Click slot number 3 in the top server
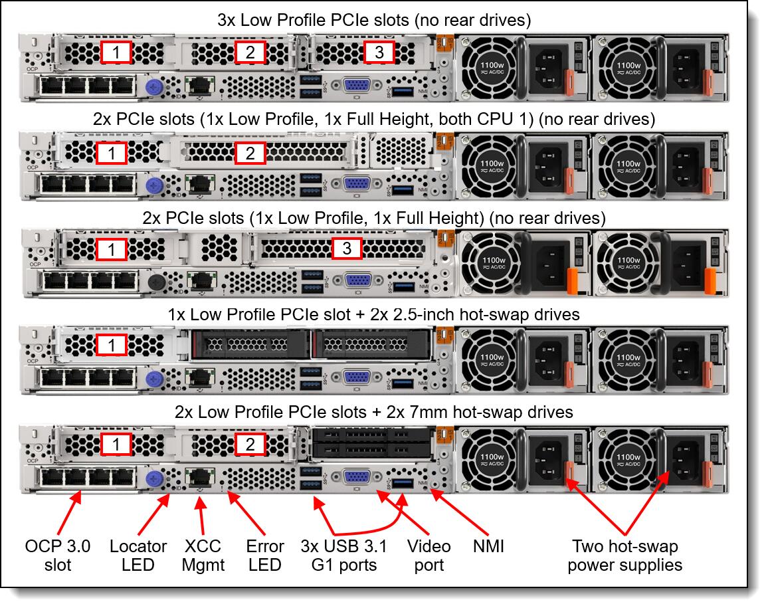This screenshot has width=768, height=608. click(379, 52)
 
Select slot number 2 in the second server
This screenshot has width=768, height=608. click(250, 153)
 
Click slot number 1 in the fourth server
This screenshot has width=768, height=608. click(116, 346)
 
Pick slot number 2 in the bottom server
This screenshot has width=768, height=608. click(250, 444)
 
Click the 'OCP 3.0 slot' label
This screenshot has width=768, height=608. click(58, 556)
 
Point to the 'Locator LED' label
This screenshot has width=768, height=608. click(138, 556)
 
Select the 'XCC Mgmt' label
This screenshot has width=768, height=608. click(203, 556)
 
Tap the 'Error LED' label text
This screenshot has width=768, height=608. click(264, 556)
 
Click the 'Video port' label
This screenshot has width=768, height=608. click(429, 556)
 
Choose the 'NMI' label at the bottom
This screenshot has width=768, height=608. click(490, 546)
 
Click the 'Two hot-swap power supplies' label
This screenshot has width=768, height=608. click(625, 556)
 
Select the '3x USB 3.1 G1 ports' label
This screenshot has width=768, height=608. click(343, 556)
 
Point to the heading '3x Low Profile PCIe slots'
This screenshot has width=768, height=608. click(374, 20)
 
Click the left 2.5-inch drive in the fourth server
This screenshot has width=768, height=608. click(250, 344)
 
